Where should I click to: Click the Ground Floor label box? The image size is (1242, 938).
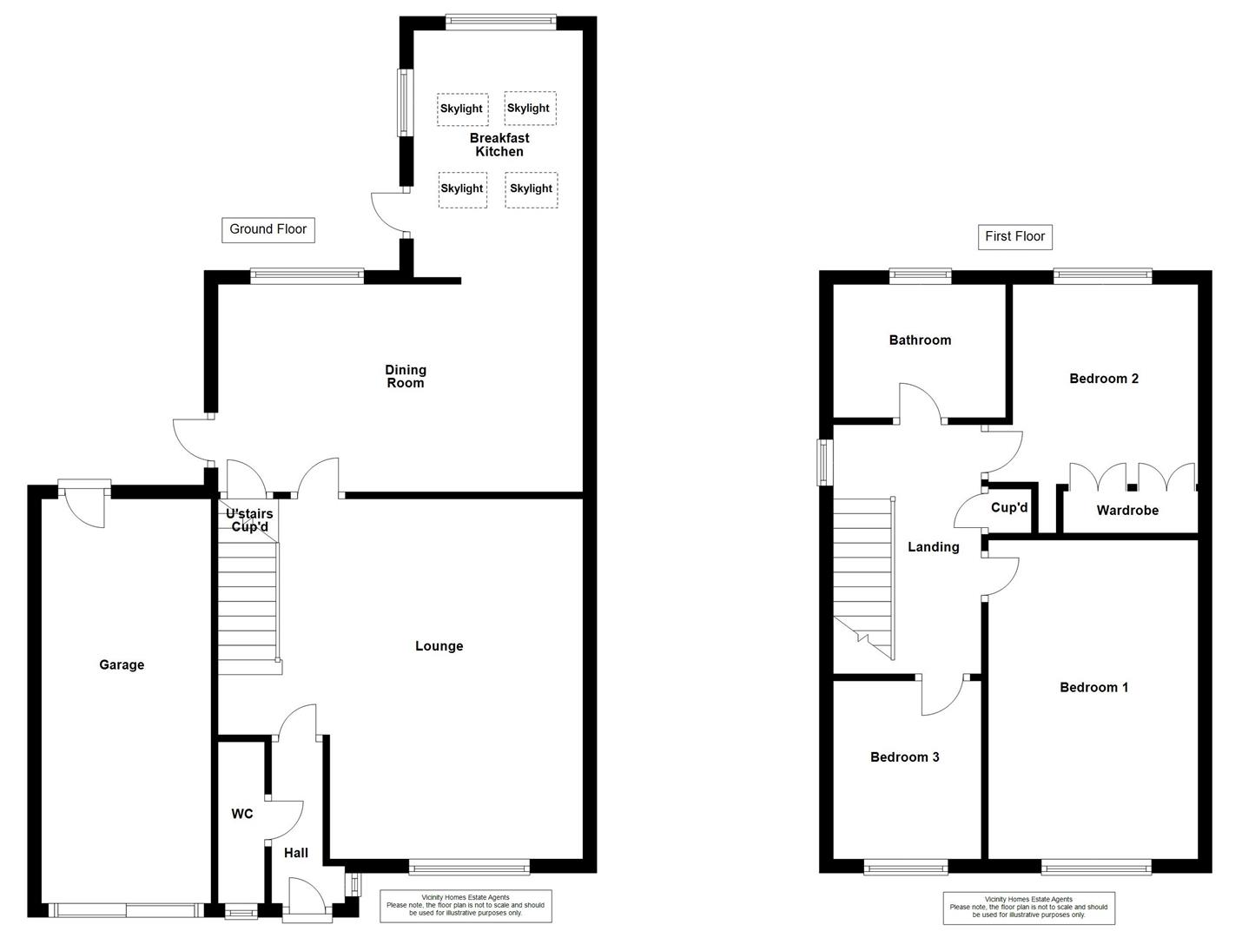(268, 229)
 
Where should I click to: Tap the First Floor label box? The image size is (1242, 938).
(1014, 236)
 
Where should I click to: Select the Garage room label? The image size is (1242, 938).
(122, 664)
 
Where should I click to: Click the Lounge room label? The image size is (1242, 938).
(439, 645)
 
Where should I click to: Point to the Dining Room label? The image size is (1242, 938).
(405, 376)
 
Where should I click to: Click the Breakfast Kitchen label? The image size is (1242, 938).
(499, 144)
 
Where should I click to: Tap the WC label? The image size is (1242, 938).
(241, 814)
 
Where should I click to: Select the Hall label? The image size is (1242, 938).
(296, 853)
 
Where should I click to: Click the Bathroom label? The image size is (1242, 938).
(920, 340)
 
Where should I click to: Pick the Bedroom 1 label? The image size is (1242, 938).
(1093, 687)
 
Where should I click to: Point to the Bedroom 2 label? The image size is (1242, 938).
(1104, 378)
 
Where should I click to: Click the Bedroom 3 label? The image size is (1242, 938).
(904, 756)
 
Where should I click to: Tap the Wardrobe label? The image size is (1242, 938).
(1127, 510)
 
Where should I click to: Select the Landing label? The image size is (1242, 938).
(933, 546)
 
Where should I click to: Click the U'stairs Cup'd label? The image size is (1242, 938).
(249, 520)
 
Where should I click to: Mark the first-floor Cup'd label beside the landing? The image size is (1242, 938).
(1009, 507)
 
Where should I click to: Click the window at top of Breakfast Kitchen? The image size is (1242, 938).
(499, 22)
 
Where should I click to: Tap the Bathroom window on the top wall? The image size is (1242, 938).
(920, 277)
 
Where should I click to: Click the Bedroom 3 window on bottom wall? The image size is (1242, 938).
(906, 866)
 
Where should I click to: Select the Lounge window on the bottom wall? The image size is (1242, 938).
(469, 866)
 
